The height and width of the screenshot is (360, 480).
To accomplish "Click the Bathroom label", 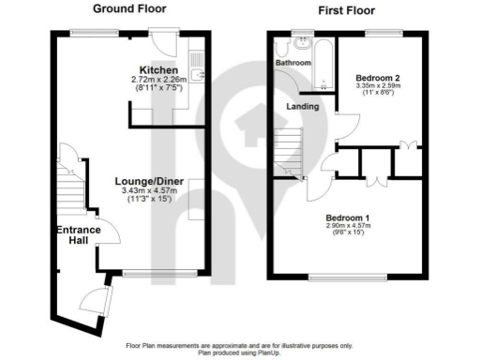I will tap(292, 63).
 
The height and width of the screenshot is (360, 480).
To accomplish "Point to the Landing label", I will tap(302, 107).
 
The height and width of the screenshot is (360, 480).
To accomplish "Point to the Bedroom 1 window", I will tap(341, 277).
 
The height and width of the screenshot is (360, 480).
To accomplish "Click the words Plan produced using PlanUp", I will tap(240, 352).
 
